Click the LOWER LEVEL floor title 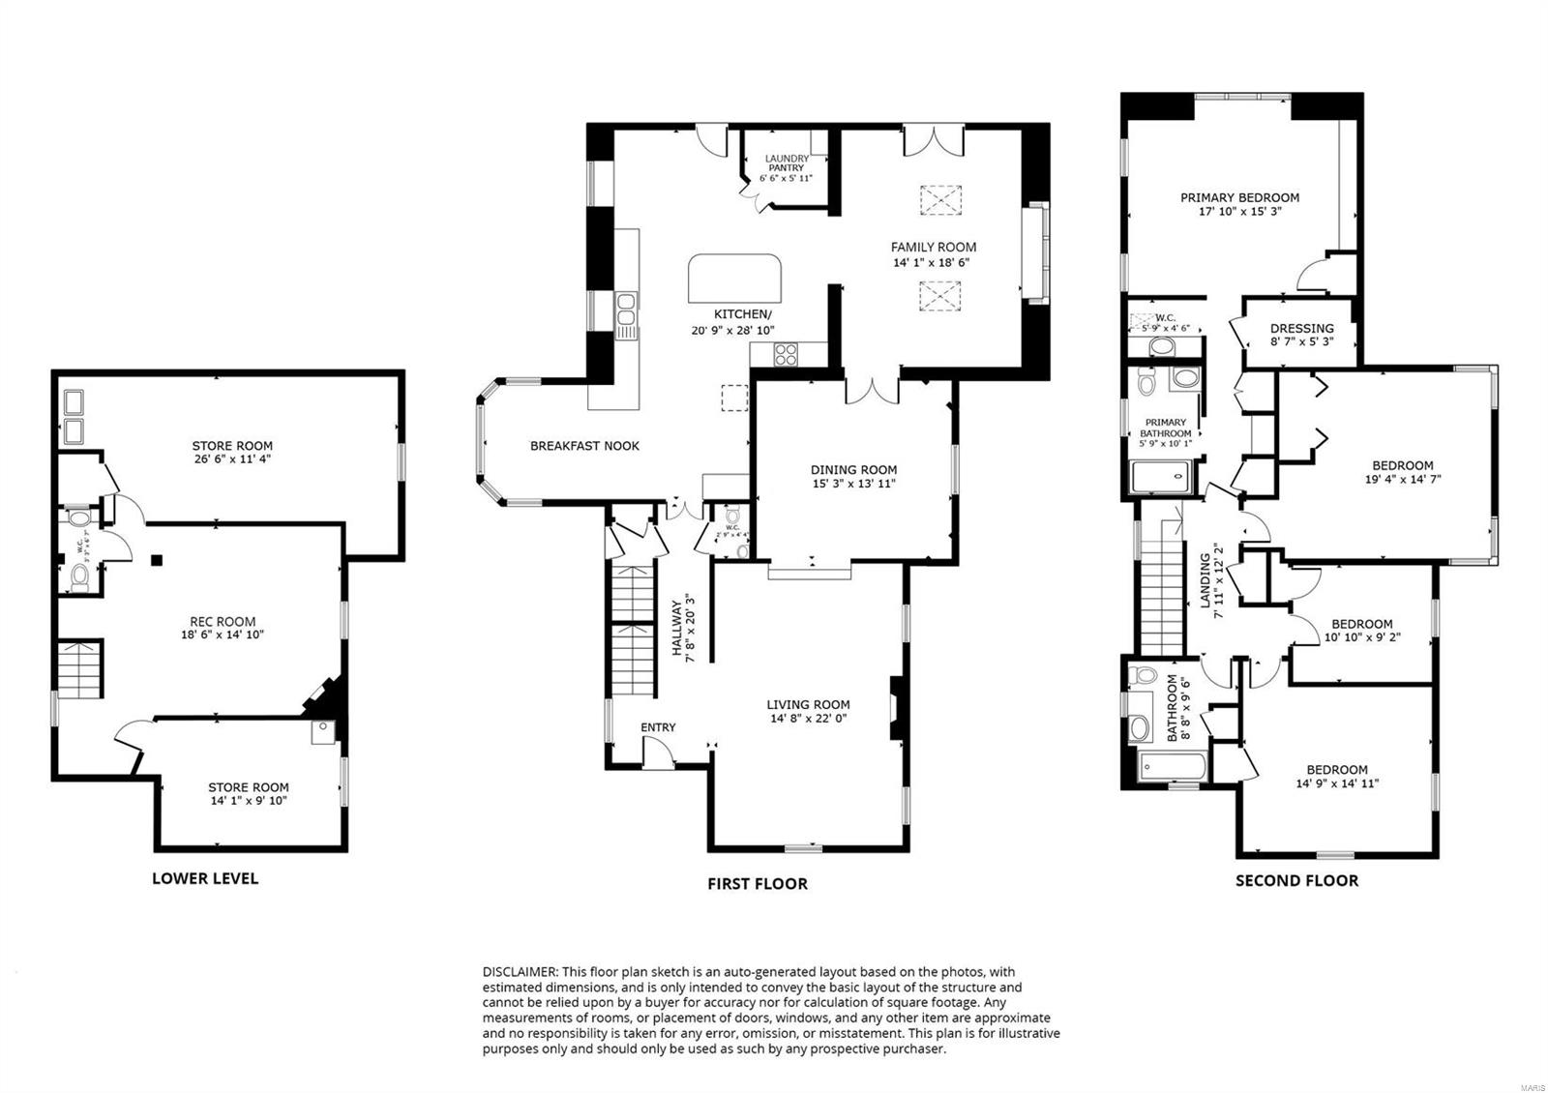(x=205, y=878)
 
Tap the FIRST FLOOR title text (x=757, y=883)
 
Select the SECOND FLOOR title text (x=1296, y=880)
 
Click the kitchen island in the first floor (x=733, y=279)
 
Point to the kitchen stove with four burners (x=786, y=355)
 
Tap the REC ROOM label (x=223, y=622)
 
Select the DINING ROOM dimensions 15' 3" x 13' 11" (x=853, y=484)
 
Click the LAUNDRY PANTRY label (x=787, y=162)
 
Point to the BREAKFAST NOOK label (x=584, y=446)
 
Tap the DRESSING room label (x=1301, y=328)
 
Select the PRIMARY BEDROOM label (x=1239, y=197)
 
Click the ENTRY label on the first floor (x=658, y=727)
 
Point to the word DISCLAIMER (x=519, y=971)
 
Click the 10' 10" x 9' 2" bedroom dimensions (x=1361, y=637)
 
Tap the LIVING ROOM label (x=808, y=705)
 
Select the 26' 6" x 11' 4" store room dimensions (x=231, y=459)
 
